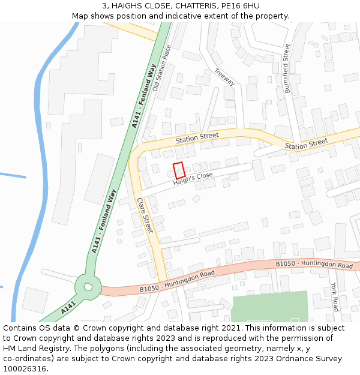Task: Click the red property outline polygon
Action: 179,170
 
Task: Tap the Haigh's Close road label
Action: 193,179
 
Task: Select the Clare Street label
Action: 145,215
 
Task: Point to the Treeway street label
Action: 224,77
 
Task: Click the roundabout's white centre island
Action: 88,287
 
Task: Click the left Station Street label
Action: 197,137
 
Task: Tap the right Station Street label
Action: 306,144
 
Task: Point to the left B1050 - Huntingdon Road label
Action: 177,281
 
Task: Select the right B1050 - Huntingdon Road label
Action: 314,264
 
